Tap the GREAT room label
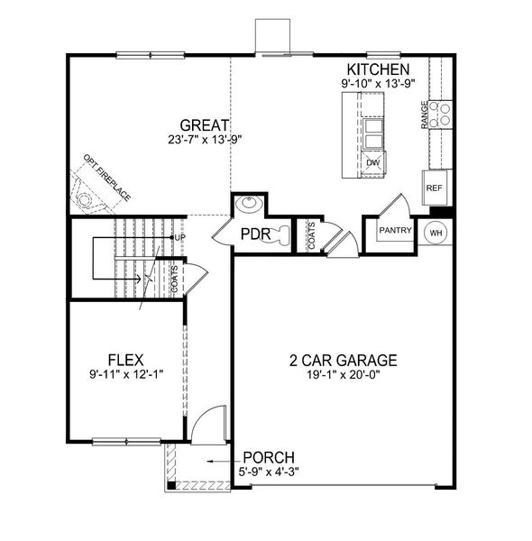click(204, 125)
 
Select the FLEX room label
click(126, 358)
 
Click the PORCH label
click(268, 457)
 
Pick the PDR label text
click(256, 236)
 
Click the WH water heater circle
click(436, 232)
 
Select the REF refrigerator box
click(435, 188)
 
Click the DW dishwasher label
click(373, 162)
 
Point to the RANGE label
click(425, 115)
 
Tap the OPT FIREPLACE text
click(107, 178)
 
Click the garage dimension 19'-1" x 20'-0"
click(344, 374)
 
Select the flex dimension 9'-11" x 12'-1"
click(126, 373)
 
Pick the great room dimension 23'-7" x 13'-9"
click(205, 140)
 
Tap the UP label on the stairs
click(179, 238)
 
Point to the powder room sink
click(247, 206)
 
